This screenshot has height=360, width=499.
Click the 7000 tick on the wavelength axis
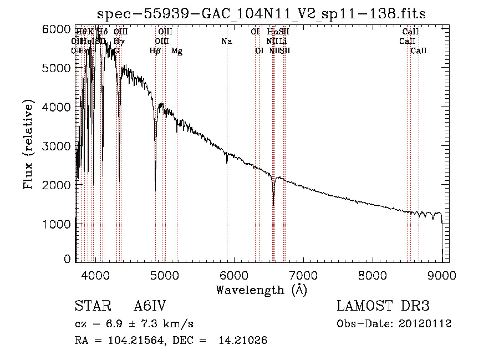click(x=303, y=275)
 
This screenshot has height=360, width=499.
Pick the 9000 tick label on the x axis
click(x=442, y=275)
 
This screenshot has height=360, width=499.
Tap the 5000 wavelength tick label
click(x=165, y=275)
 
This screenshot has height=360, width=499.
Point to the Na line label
click(x=226, y=41)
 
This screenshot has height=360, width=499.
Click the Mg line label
click(x=177, y=51)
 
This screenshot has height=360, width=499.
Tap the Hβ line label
click(x=155, y=51)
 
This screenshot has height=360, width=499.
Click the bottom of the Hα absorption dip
click(x=273, y=205)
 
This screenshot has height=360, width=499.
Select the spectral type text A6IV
click(x=150, y=307)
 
